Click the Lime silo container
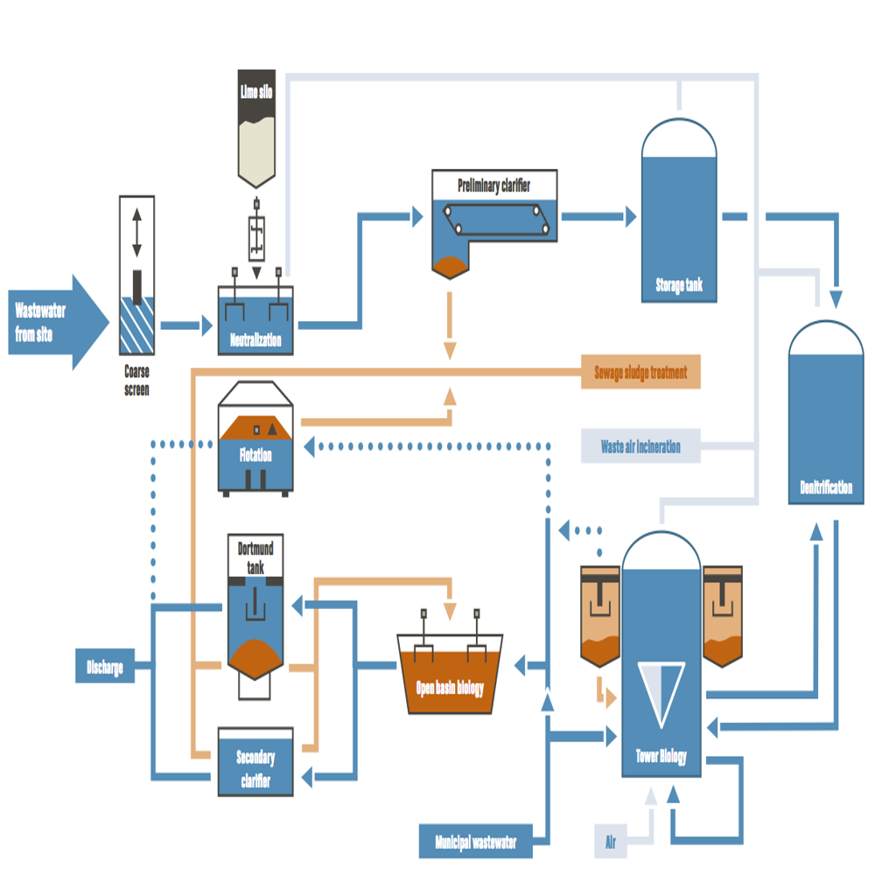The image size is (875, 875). [x=256, y=131]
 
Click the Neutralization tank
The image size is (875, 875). [x=255, y=324]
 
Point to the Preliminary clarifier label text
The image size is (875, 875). [x=494, y=185]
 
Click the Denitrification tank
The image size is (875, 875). [x=826, y=420]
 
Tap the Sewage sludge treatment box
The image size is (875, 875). [x=641, y=372]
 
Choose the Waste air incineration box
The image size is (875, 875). [x=641, y=446]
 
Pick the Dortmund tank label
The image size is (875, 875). [x=255, y=557]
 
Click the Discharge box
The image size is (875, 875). [x=105, y=668]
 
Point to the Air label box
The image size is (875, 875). [x=611, y=843]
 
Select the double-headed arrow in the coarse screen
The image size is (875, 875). [x=136, y=233]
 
